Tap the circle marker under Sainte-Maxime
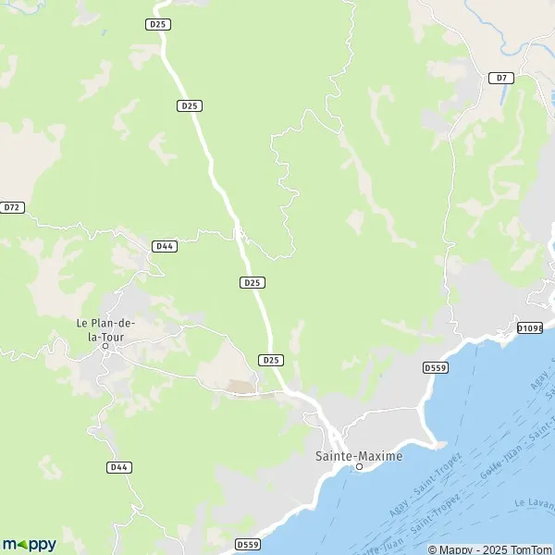pyautogui.click(x=360, y=467)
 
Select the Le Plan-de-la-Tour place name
pyautogui.click(x=105, y=329)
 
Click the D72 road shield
pyautogui.click(x=11, y=207)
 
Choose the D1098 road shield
pyautogui.click(x=529, y=327)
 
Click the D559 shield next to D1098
pyautogui.click(x=436, y=367)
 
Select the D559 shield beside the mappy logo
pyautogui.click(x=248, y=544)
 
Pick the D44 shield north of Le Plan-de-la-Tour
pyautogui.click(x=165, y=246)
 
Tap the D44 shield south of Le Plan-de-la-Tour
pyautogui.click(x=117, y=467)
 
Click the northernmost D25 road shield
pyautogui.click(x=157, y=24)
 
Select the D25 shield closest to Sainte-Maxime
pyautogui.click(x=271, y=359)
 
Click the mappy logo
pyautogui.click(x=30, y=544)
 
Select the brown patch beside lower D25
pyautogui.click(x=242, y=387)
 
